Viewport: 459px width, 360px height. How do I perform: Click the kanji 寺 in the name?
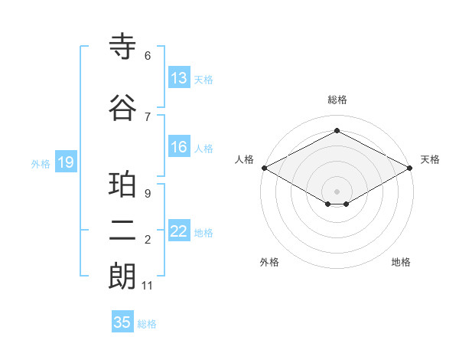coord(123,47)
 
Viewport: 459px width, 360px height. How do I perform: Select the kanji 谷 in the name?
coord(123,108)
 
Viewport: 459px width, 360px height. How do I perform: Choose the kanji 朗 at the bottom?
coord(123,277)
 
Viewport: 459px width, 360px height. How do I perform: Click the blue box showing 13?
coord(179,78)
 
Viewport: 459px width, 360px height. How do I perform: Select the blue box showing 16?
coord(179,148)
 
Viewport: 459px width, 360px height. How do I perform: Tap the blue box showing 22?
coord(179,232)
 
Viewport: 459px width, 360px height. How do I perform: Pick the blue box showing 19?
coord(65,162)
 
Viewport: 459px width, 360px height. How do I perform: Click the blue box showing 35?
coord(122,322)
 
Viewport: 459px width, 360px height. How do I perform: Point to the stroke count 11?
coord(148,286)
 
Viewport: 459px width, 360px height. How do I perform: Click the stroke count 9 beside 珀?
coord(148,194)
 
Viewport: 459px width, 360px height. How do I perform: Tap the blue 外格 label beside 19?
coord(41,163)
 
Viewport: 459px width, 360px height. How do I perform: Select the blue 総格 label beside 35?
coord(147,323)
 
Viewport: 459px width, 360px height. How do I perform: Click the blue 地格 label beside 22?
coord(203,233)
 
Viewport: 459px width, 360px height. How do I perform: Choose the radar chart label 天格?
coord(430,159)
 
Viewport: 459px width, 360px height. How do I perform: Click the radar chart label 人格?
coord(244,159)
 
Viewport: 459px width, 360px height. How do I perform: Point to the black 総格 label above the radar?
coord(337,100)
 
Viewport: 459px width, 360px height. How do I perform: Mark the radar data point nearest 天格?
coord(411,168)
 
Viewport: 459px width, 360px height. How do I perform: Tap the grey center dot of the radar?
coord(337,190)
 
